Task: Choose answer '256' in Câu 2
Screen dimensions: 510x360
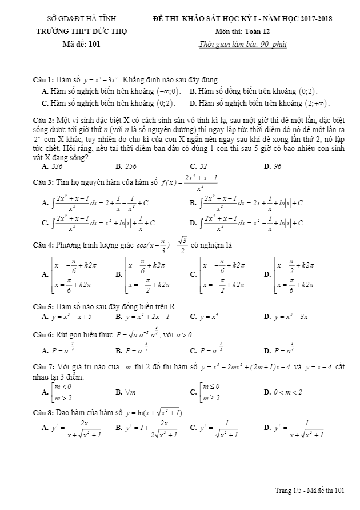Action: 130,166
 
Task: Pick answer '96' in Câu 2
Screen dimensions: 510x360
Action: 278,166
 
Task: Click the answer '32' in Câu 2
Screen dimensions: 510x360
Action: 203,166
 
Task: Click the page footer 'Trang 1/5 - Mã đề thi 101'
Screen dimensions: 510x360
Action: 310,490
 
